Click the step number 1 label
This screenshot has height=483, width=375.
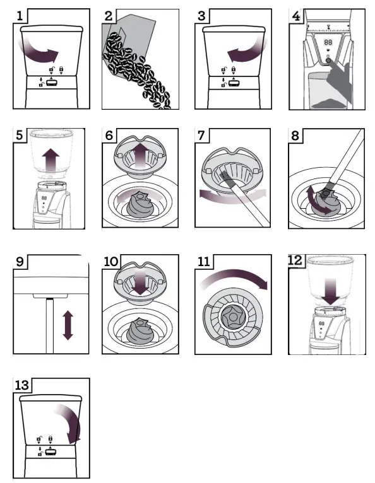point(20,16)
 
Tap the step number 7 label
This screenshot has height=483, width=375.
point(201,135)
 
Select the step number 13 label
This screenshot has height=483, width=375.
point(21,385)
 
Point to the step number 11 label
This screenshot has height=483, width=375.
point(203,262)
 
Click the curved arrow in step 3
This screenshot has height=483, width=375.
point(247,52)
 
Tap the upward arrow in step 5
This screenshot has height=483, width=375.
point(51,161)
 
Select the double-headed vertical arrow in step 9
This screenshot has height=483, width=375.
point(68,325)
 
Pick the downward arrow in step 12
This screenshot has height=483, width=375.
point(330,291)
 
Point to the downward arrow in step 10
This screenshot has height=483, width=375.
point(140,281)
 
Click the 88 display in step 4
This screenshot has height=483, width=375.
point(328,42)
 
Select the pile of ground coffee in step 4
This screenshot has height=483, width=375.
point(329,104)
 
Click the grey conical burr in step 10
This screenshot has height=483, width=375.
point(140,332)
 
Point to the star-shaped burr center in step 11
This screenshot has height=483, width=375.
point(234,317)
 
